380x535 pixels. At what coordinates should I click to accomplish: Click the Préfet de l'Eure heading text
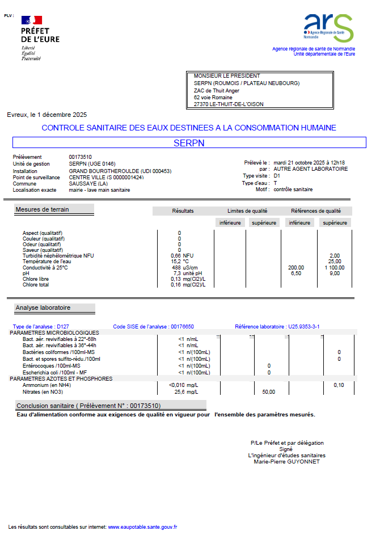(x=40, y=35)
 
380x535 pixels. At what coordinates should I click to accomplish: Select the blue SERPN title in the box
(x=189, y=143)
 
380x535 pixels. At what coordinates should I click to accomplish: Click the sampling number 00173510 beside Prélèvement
(x=81, y=157)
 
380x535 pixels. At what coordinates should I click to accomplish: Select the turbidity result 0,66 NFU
(x=182, y=256)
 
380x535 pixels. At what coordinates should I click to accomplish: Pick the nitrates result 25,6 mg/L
(x=185, y=391)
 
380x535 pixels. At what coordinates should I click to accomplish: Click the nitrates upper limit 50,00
(x=268, y=391)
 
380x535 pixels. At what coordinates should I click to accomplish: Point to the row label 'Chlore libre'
(x=36, y=279)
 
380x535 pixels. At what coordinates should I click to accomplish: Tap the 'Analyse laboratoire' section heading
(x=43, y=308)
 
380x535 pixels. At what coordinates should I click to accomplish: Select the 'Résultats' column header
(x=183, y=211)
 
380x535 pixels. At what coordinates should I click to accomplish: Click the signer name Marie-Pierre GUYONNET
(x=287, y=461)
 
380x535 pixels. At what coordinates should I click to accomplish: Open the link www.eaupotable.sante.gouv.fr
(x=142, y=527)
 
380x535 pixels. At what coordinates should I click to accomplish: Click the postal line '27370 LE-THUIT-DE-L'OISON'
(x=229, y=104)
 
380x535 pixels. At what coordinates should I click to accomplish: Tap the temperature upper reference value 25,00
(x=335, y=262)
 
